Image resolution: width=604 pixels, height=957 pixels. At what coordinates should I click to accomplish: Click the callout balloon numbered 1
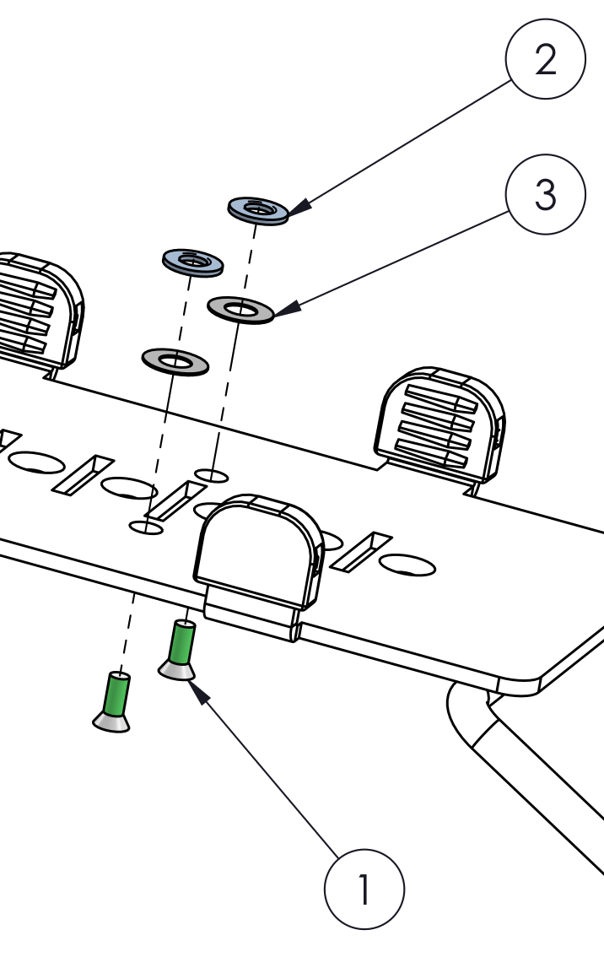(x=364, y=889)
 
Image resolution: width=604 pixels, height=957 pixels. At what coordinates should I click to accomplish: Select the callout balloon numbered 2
(x=546, y=59)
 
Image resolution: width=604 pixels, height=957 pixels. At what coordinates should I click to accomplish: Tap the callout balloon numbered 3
(x=546, y=195)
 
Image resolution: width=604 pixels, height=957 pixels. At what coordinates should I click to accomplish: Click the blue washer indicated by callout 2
(x=258, y=211)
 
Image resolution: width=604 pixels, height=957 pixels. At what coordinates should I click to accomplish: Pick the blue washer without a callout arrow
(x=193, y=263)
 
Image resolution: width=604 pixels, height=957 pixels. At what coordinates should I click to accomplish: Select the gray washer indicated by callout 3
(x=240, y=310)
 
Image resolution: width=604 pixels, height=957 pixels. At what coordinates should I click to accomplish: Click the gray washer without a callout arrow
(x=175, y=362)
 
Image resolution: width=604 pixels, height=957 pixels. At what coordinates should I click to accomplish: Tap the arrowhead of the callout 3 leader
(x=287, y=308)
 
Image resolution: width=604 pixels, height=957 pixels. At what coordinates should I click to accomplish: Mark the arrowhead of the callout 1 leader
(x=198, y=691)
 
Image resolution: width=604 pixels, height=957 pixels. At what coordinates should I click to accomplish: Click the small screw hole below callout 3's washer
(x=211, y=475)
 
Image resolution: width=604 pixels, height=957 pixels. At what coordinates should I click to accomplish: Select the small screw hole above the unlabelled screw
(x=147, y=527)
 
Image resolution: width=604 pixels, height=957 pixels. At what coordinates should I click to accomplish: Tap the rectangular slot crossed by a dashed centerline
(x=175, y=500)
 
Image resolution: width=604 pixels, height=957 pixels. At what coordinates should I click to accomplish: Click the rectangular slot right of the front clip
(x=361, y=552)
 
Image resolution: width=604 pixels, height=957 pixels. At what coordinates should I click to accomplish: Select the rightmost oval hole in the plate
(x=407, y=565)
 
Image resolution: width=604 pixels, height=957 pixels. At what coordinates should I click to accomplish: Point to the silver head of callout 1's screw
(x=177, y=671)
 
